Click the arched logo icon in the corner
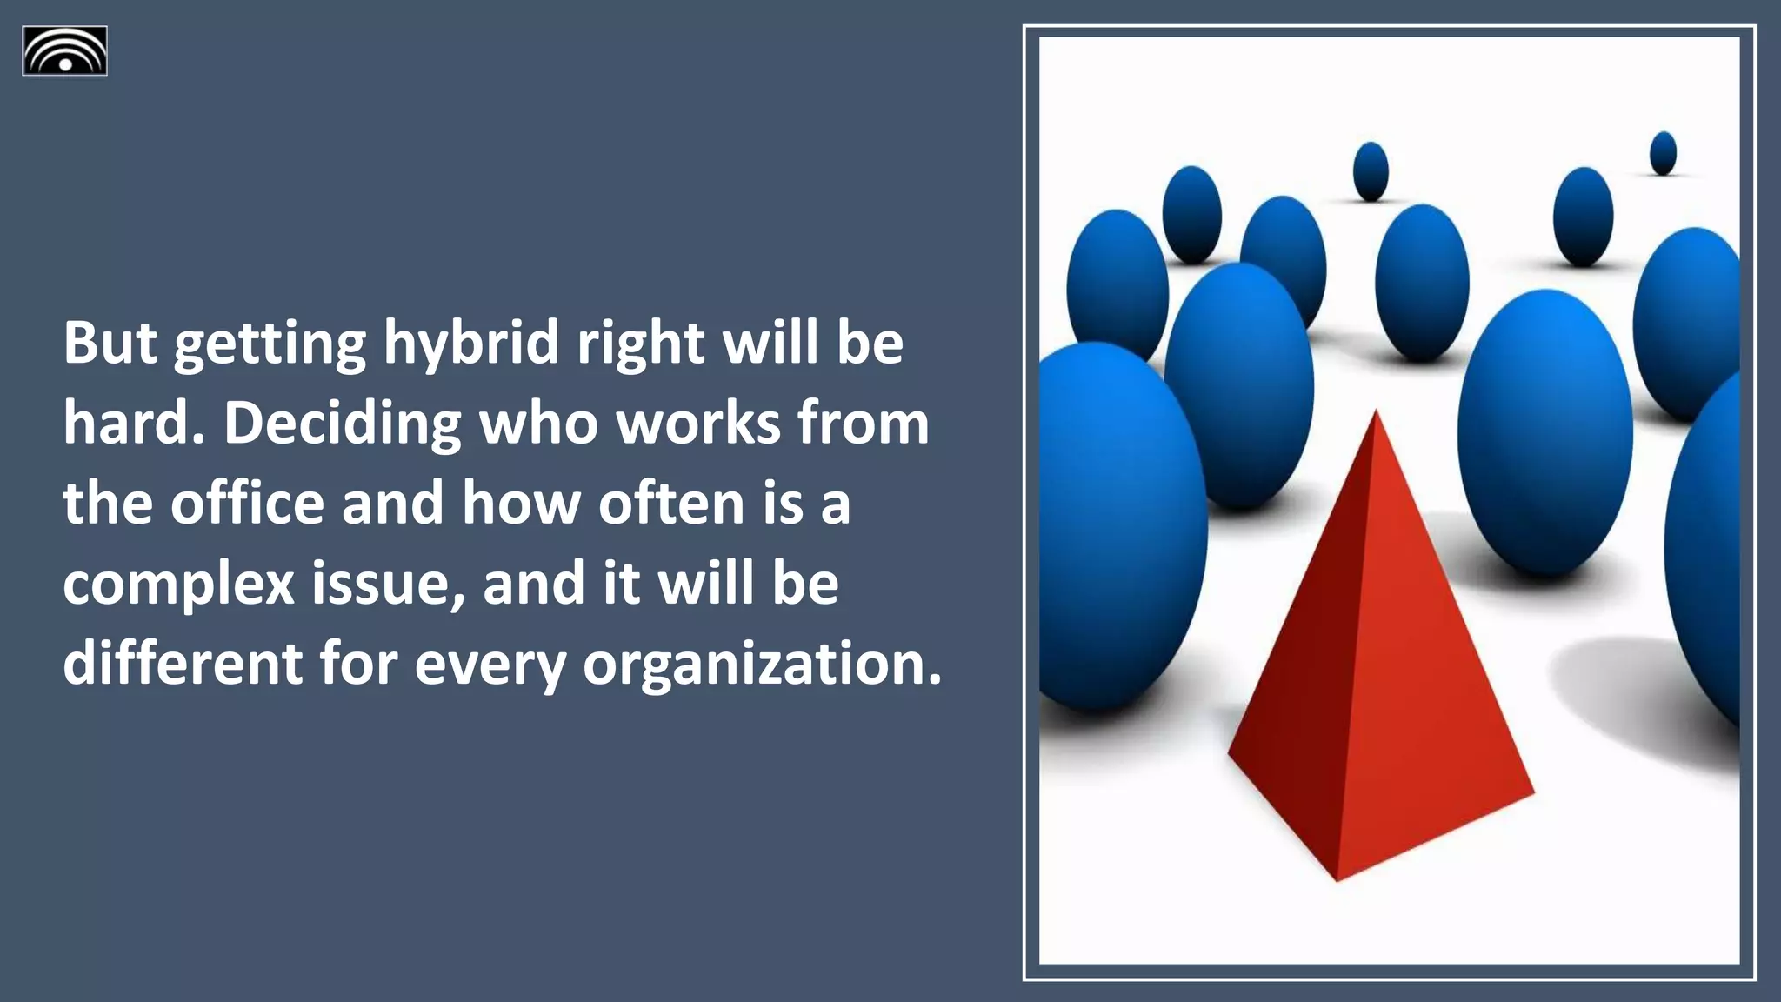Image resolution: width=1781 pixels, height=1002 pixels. [65, 51]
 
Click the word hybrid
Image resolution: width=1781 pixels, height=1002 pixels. [471, 343]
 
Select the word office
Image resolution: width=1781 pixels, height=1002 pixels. [247, 503]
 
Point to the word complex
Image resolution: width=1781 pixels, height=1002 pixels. [179, 584]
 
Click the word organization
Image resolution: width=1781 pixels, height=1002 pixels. [762, 663]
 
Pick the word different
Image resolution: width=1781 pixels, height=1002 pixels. [183, 663]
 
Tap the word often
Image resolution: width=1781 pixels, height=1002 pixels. [671, 503]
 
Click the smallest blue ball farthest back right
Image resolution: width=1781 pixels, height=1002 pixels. [1663, 152]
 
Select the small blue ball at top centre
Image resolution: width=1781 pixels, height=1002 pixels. [1371, 170]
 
